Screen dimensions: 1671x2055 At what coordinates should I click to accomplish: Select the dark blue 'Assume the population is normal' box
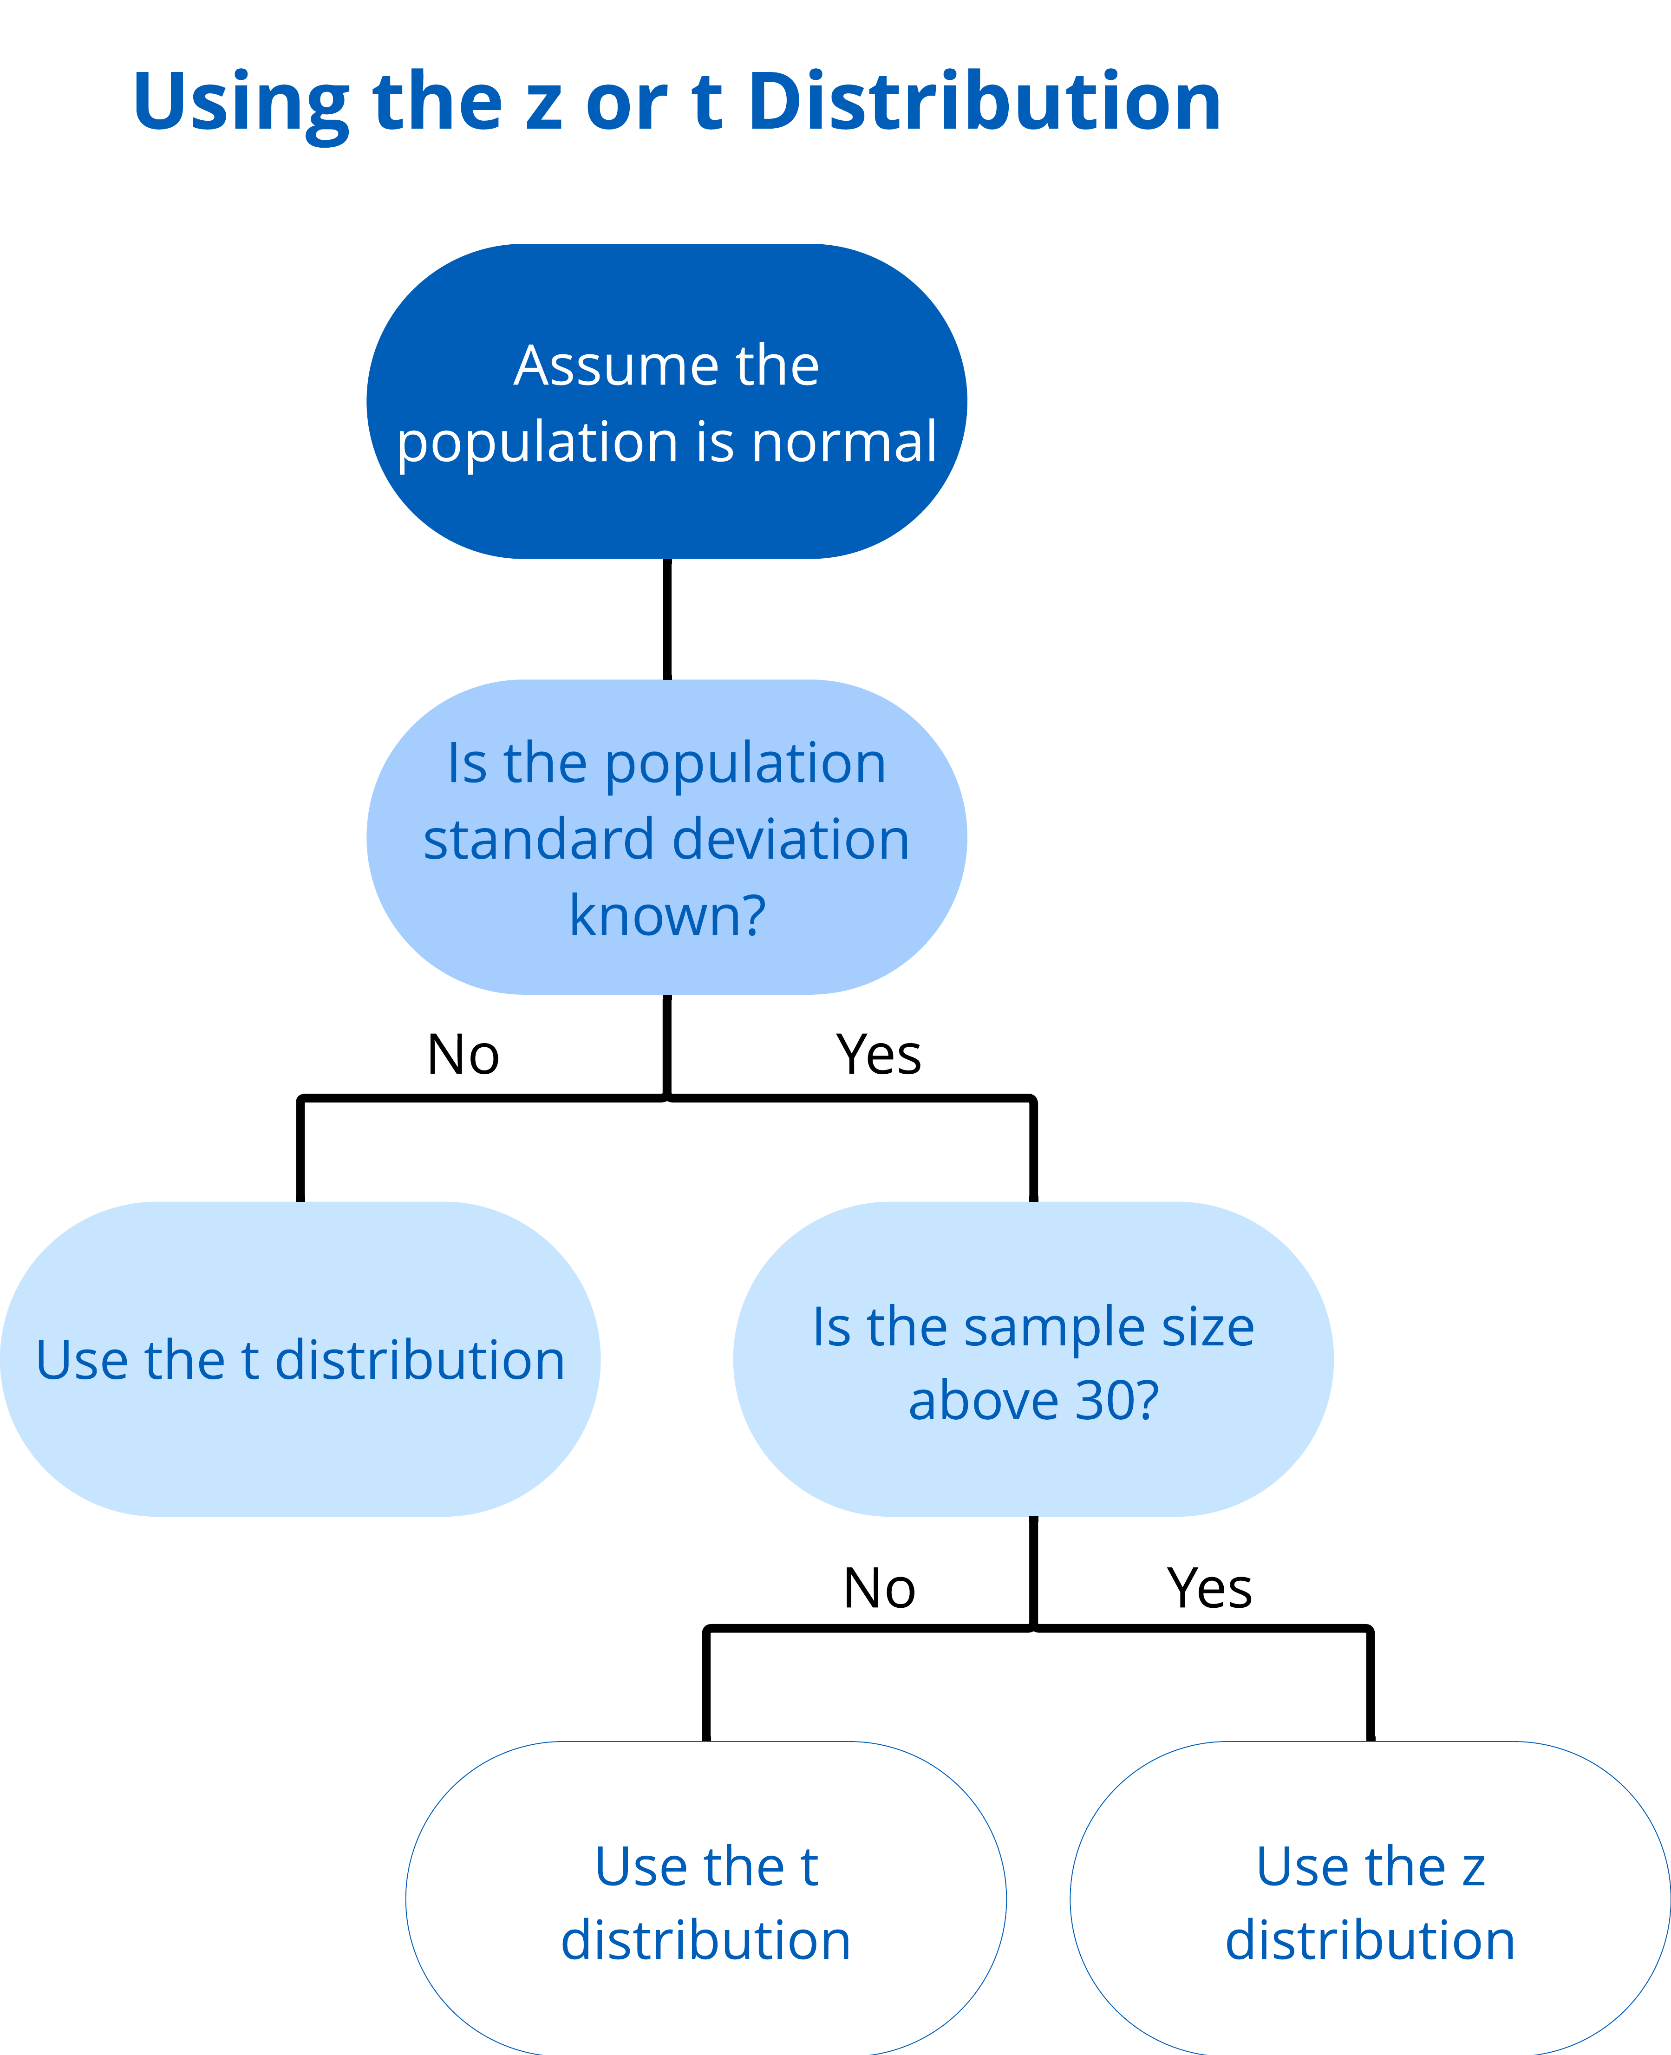pyautogui.click(x=667, y=401)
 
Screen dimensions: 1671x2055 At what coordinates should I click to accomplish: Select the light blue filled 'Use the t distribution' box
pyautogui.click(x=300, y=1359)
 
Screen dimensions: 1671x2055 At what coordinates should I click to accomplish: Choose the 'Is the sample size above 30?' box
pyautogui.click(x=1033, y=1359)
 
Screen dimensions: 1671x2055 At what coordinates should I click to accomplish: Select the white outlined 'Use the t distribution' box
pyautogui.click(x=705, y=1898)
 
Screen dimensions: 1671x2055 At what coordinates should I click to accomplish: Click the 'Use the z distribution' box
pyautogui.click(x=1370, y=1898)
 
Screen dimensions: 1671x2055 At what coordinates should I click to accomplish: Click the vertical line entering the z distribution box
pyautogui.click(x=1370, y=1684)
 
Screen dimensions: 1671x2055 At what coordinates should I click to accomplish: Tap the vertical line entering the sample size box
pyautogui.click(x=1033, y=1149)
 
